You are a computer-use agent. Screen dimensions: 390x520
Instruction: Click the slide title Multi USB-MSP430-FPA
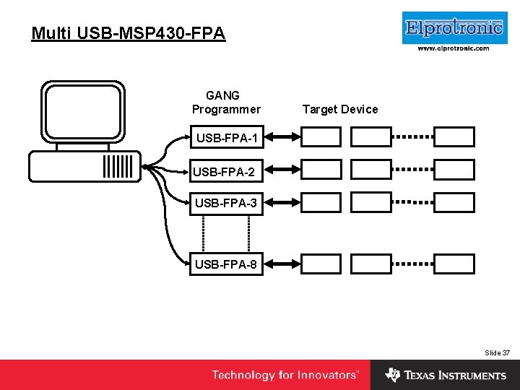(129, 33)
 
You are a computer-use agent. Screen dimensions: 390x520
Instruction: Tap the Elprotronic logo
(454, 28)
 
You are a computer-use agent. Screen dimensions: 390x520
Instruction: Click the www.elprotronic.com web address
(454, 48)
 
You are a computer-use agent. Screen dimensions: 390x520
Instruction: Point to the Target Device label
(339, 109)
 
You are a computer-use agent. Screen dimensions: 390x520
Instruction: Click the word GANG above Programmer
(222, 95)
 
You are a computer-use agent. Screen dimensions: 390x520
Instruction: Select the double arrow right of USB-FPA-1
(282, 136)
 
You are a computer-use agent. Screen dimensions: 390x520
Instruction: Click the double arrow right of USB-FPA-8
(282, 264)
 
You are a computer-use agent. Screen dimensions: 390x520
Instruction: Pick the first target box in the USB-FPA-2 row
(321, 170)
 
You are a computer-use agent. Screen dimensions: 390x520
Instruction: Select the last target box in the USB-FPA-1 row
(454, 136)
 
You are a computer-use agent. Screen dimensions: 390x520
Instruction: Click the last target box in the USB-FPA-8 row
(454, 264)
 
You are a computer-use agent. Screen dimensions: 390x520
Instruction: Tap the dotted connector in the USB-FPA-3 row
(412, 203)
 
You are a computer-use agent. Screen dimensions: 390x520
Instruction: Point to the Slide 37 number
(497, 352)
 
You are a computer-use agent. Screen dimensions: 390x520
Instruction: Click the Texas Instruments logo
(446, 375)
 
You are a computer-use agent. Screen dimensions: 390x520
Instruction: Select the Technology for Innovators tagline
(285, 375)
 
